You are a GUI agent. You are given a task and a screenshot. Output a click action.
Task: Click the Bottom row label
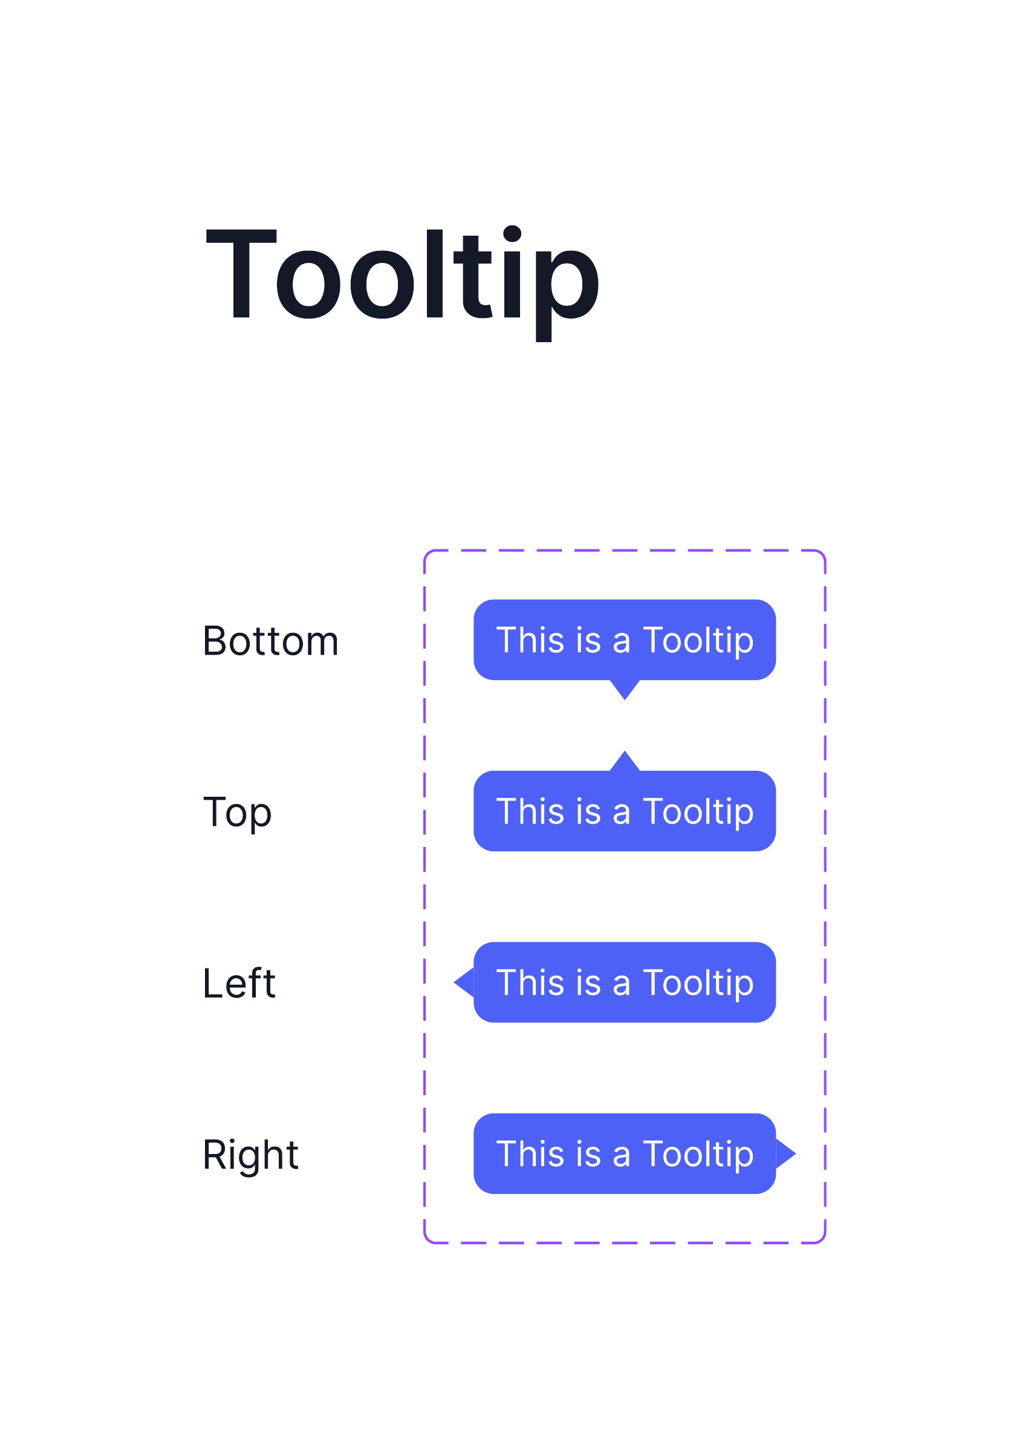(271, 641)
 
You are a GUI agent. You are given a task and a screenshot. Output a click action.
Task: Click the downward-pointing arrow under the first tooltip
(625, 689)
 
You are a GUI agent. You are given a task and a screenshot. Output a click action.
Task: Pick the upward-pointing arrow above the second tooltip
(625, 761)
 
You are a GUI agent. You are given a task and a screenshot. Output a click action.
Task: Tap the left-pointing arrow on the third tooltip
(464, 983)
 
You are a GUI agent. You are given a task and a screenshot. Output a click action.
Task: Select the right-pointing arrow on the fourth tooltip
(786, 1154)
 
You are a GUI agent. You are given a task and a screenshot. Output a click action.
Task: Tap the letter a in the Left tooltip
(622, 987)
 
